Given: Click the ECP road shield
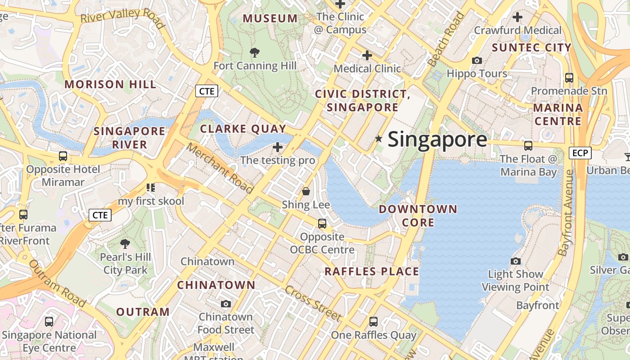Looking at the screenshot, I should click(x=580, y=153).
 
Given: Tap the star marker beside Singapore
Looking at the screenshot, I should click(x=379, y=139).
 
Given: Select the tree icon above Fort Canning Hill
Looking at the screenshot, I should click(x=255, y=53).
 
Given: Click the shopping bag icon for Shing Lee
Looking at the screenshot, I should click(x=306, y=192).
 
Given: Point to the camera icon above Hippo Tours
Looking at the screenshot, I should click(x=477, y=60).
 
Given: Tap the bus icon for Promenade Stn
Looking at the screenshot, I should click(x=569, y=77).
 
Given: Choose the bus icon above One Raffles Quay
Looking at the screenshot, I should click(x=373, y=322).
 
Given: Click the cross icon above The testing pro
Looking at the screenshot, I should click(x=278, y=147).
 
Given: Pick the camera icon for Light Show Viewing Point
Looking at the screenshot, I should click(x=516, y=261).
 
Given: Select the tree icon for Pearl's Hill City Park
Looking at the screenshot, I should click(x=125, y=244).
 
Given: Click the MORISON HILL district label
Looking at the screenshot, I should click(x=111, y=85).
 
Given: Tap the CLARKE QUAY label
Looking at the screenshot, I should click(x=243, y=129).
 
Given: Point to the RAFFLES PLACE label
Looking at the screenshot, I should click(x=372, y=272).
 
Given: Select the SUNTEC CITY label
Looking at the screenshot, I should click(x=531, y=48).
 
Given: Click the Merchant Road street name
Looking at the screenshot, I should click(x=220, y=168).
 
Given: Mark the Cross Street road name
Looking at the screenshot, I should click(x=313, y=303).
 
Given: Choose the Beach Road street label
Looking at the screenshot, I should click(x=446, y=40).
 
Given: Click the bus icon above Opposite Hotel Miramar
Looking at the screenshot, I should click(x=63, y=156).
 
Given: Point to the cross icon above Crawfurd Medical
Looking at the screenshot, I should click(x=517, y=17).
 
